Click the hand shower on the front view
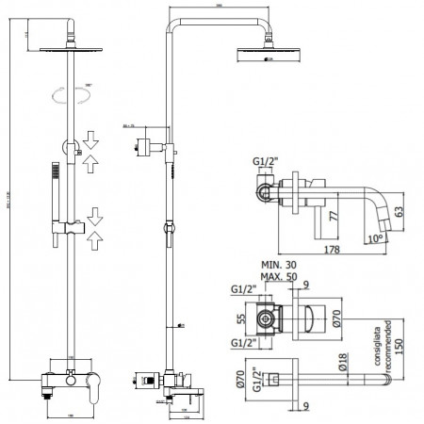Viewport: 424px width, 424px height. click(54, 185)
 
